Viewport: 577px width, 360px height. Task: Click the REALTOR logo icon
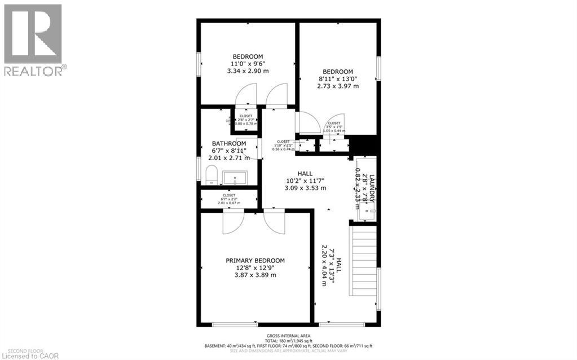pyautogui.click(x=32, y=34)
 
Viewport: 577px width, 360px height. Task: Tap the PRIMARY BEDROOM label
pyautogui.click(x=255, y=261)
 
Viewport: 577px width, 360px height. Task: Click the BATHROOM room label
pyautogui.click(x=228, y=143)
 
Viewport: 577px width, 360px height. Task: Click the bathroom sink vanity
pyautogui.click(x=234, y=178)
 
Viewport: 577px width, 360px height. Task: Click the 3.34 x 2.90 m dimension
pyautogui.click(x=248, y=72)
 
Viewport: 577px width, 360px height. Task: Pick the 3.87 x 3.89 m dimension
pyautogui.click(x=255, y=275)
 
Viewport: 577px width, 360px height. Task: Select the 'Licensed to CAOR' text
pyautogui.click(x=27, y=355)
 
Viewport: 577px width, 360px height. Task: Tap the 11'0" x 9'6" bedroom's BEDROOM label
pyautogui.click(x=248, y=56)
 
